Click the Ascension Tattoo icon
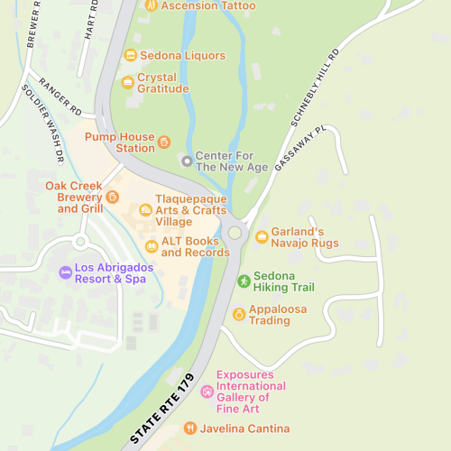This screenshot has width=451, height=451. pyautogui.click(x=152, y=5)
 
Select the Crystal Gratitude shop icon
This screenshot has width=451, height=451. pyautogui.click(x=128, y=83)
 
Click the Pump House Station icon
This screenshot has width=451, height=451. pyautogui.click(x=163, y=142)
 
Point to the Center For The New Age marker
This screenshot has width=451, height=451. pyautogui.click(x=187, y=161)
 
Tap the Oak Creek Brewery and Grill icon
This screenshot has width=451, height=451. pyautogui.click(x=112, y=198)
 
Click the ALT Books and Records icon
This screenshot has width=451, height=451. pyautogui.click(x=152, y=246)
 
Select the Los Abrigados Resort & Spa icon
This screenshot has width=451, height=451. pyautogui.click(x=65, y=272)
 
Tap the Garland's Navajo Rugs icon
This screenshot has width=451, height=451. pyautogui.click(x=262, y=237)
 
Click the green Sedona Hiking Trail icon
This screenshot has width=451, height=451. pyautogui.click(x=243, y=281)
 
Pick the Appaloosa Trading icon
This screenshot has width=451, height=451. pyautogui.click(x=239, y=315)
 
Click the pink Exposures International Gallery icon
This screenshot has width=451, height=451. pyautogui.click(x=207, y=391)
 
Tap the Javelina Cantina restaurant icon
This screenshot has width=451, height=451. pyautogui.click(x=189, y=428)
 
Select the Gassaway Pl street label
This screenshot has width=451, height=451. pyautogui.click(x=297, y=150)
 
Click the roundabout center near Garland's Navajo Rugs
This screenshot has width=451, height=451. pyautogui.click(x=235, y=233)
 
